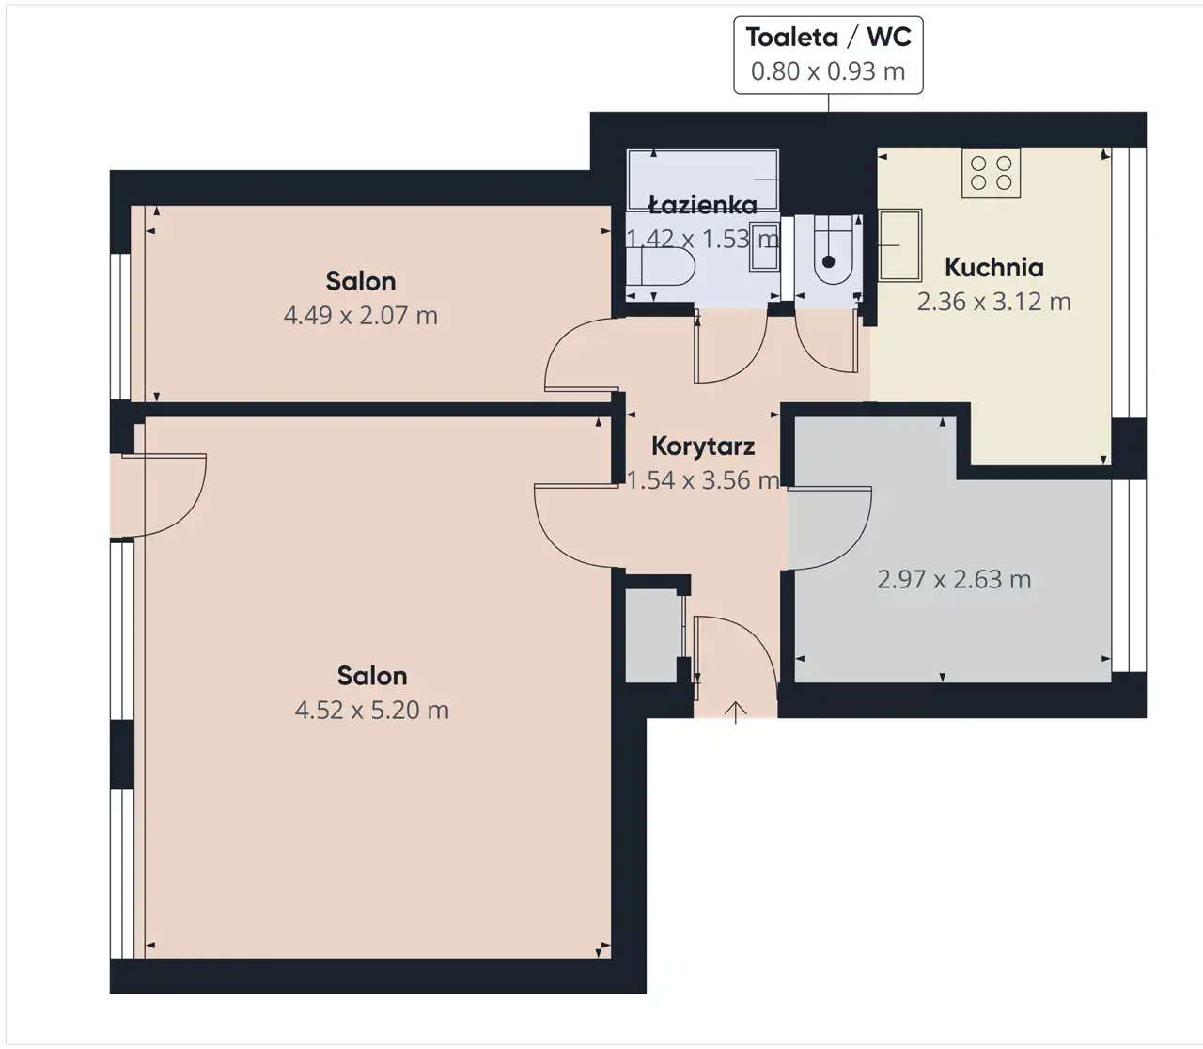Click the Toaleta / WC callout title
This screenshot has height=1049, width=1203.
(828, 38)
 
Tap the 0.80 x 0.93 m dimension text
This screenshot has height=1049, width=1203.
(828, 71)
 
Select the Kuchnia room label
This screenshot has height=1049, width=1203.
(994, 268)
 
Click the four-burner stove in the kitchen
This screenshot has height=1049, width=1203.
(991, 173)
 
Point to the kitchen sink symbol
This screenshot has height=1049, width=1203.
(899, 244)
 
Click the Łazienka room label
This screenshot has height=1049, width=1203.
(703, 205)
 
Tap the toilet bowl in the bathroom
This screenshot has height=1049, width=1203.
(661, 266)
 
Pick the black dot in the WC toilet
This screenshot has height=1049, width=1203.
(828, 261)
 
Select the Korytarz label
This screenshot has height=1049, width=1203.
(703, 446)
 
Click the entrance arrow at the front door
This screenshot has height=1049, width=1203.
(735, 712)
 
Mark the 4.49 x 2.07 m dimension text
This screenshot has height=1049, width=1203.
(360, 316)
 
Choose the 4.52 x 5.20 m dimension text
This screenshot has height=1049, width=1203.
(371, 711)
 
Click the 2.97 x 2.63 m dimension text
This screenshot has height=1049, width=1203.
(954, 580)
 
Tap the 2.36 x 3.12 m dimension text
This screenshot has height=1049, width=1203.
(993, 302)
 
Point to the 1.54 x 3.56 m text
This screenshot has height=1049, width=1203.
(703, 480)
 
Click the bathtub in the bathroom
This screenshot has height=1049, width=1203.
(703, 180)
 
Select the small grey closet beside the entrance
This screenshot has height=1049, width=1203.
(651, 635)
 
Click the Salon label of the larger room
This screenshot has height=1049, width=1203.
(371, 676)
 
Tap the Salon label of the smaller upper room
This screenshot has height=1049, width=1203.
(360, 282)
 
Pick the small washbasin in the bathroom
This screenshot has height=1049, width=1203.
(764, 247)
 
